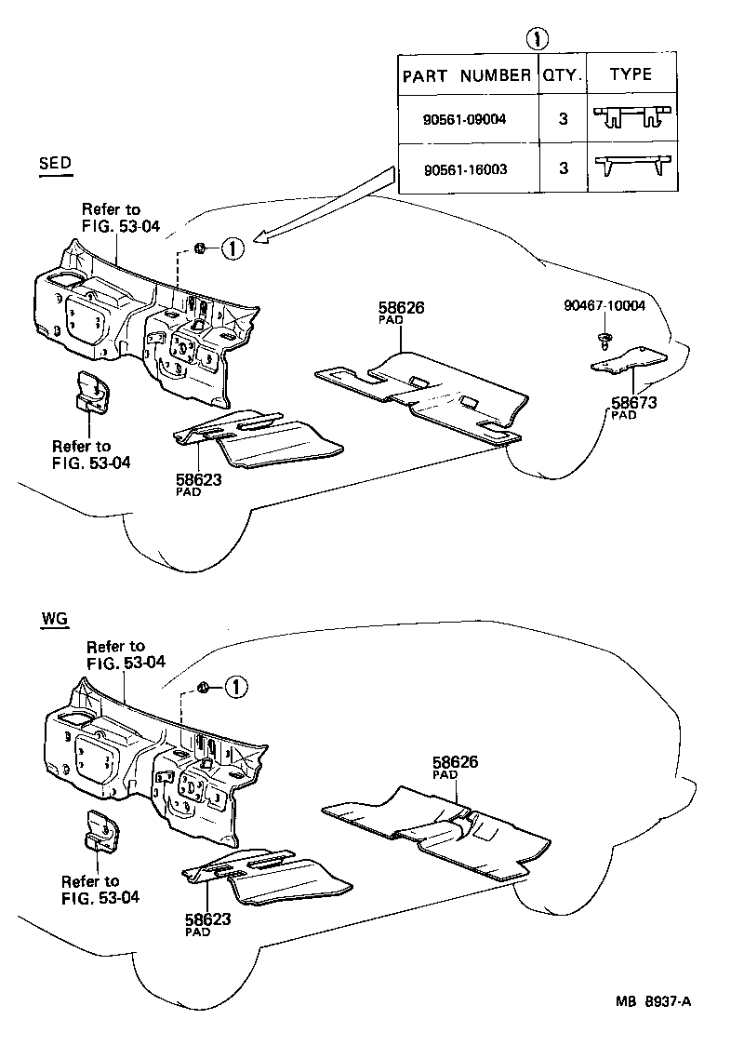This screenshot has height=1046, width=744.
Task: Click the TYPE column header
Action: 631,74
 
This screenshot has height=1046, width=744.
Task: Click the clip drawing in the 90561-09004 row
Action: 632,116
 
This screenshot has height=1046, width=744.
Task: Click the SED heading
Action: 55,165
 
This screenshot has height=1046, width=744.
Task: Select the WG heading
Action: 54,620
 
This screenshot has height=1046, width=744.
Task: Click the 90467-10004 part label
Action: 604,305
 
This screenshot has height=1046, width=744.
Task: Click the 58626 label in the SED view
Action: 402,309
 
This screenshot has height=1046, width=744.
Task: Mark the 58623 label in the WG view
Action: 207,921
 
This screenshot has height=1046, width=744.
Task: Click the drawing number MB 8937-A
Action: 654,1000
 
